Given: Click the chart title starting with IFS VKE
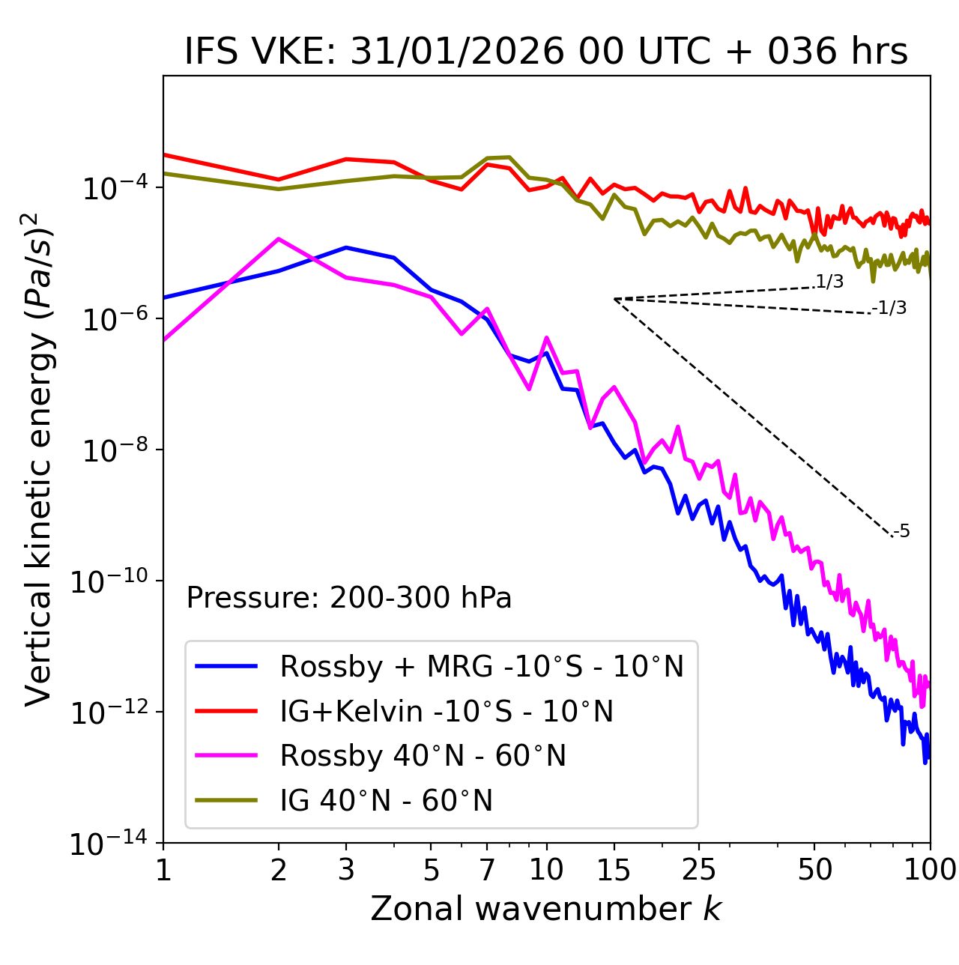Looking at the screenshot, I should tap(546, 51).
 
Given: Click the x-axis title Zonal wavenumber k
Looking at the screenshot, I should tap(546, 908).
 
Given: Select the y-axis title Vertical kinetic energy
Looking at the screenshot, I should tap(40, 458).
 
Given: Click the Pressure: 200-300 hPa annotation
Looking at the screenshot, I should tap(349, 598).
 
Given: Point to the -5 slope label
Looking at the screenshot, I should tap(901, 531).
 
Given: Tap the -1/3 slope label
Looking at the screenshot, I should tap(889, 307).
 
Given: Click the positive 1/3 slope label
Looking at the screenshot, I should tap(829, 282).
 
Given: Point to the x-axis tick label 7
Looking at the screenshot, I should tap(487, 870).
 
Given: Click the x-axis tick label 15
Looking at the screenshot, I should tap(614, 870).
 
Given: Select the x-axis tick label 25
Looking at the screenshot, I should tap(698, 870).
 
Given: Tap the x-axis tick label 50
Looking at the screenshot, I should tap(814, 870).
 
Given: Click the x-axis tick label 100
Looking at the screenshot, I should tap(930, 870).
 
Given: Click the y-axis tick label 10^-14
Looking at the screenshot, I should tap(110, 844).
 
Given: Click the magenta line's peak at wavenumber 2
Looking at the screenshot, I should tap(279, 239).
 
